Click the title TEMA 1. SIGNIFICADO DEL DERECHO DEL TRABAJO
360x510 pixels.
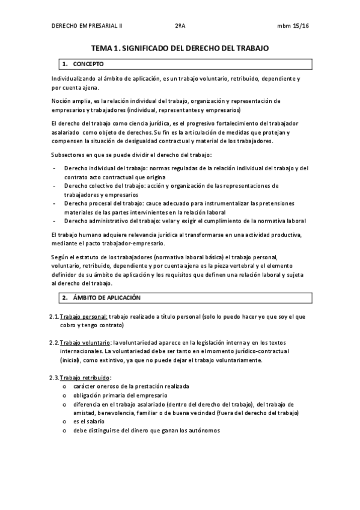click(x=180, y=47)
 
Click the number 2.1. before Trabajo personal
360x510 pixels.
click(x=54, y=316)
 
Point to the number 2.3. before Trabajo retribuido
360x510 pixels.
click(x=54, y=377)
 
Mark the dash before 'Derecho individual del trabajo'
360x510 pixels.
click(x=55, y=168)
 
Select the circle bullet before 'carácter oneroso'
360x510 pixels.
click(x=64, y=386)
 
